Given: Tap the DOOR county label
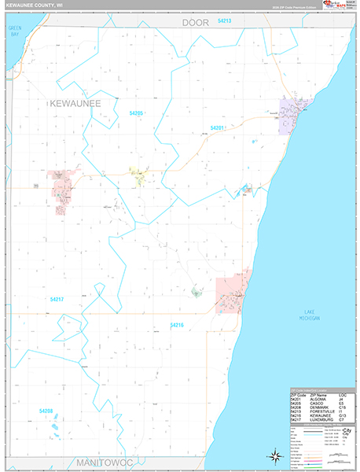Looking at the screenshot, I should pyautogui.click(x=196, y=23).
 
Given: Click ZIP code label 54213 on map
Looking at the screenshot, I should pyautogui.click(x=225, y=20).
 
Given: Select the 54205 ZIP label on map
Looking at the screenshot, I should pyautogui.click(x=136, y=113).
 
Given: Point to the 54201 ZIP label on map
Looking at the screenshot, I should pyautogui.click(x=218, y=127).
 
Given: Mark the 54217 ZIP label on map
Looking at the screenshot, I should pyautogui.click(x=57, y=299).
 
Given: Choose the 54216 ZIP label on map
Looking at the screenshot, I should pyautogui.click(x=177, y=325).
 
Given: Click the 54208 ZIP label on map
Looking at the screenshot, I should pyautogui.click(x=46, y=411).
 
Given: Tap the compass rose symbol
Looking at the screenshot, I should pyautogui.click(x=275, y=455).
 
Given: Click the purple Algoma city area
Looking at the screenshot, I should pyautogui.click(x=295, y=114).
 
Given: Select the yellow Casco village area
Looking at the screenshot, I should pyautogui.click(x=138, y=176).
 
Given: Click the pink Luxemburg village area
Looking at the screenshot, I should pyautogui.click(x=61, y=183).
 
